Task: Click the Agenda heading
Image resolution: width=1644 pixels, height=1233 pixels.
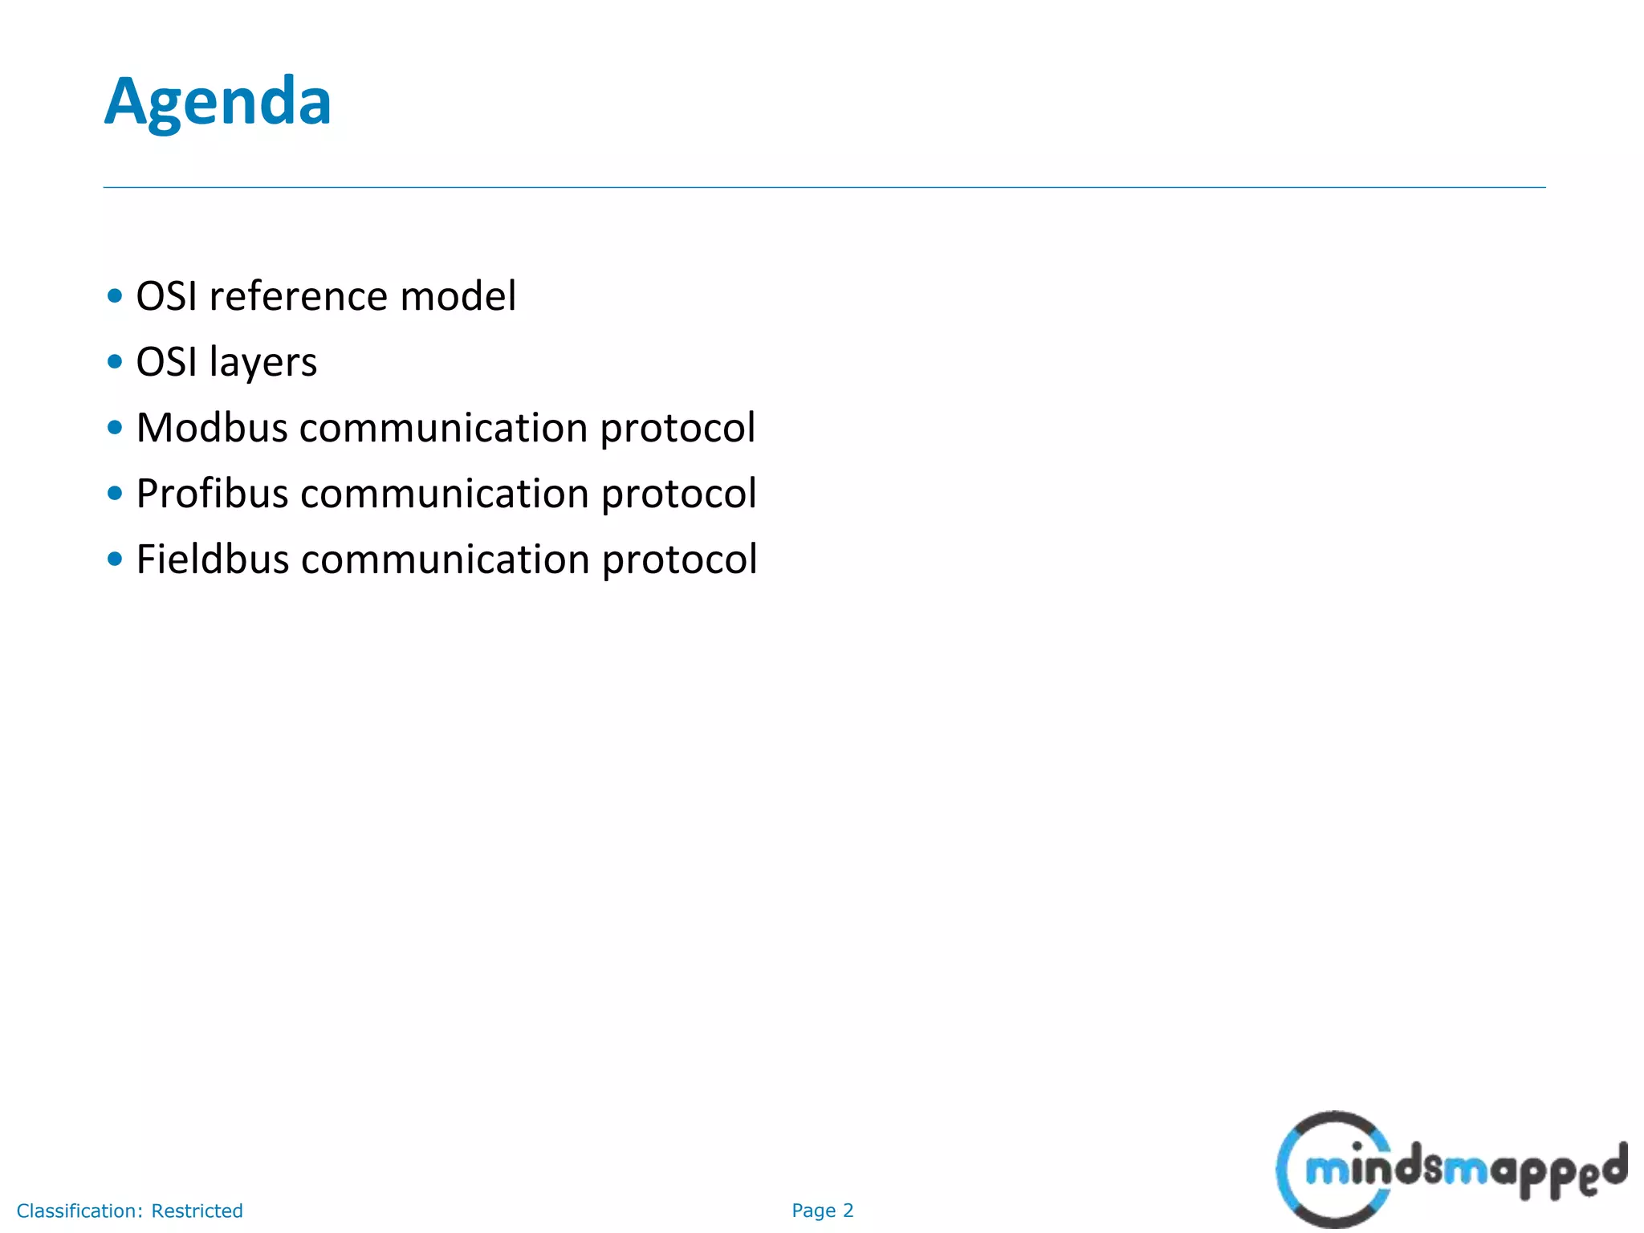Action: tap(218, 102)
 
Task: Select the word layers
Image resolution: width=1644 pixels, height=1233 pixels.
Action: tap(262, 363)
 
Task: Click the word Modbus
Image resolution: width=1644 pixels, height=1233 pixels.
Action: tap(212, 427)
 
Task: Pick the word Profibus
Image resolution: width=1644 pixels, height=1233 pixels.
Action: tap(212, 493)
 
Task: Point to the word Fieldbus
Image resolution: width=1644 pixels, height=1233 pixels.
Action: tap(213, 559)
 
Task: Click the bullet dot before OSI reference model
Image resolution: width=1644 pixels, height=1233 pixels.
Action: tap(115, 296)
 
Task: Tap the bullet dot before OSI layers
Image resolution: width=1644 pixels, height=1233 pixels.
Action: tap(115, 362)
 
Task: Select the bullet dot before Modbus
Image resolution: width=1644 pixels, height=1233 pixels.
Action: tap(115, 428)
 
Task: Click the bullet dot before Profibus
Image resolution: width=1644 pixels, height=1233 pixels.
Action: tap(115, 494)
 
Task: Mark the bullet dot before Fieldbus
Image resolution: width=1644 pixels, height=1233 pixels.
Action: tap(115, 559)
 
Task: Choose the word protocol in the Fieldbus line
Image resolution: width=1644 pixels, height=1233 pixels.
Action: tap(679, 560)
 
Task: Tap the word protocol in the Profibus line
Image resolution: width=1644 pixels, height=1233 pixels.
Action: tap(678, 494)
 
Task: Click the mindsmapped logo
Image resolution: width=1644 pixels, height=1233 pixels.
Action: tap(1450, 1169)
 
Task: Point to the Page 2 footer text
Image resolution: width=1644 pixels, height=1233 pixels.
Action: tap(822, 1211)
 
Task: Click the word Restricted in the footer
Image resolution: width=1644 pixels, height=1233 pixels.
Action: tap(197, 1211)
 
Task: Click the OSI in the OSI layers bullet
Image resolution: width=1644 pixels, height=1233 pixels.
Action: tap(166, 362)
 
